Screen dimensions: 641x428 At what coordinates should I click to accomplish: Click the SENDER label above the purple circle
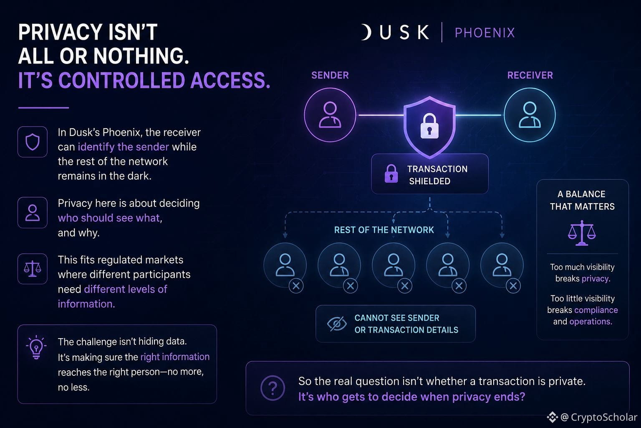[x=330, y=75]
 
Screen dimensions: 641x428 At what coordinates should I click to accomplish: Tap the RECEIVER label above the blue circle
[x=530, y=75]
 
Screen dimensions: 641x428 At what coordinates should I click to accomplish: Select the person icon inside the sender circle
[x=330, y=115]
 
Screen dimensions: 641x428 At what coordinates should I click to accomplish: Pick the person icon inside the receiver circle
[x=530, y=115]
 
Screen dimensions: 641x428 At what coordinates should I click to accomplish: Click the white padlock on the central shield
[x=429, y=126]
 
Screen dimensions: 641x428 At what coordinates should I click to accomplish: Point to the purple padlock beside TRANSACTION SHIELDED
[x=391, y=173]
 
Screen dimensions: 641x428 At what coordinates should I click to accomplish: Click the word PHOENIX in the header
[x=485, y=33]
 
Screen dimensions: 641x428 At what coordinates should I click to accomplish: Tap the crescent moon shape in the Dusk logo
[x=366, y=32]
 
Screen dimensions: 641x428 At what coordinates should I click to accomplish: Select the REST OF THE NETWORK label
[x=384, y=230]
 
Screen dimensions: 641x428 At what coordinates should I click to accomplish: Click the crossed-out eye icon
[x=336, y=324]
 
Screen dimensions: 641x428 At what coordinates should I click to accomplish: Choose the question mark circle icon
[x=273, y=388]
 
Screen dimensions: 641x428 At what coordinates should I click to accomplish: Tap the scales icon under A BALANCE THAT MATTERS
[x=582, y=233]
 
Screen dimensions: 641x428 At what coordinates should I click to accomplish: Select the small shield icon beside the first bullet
[x=32, y=142]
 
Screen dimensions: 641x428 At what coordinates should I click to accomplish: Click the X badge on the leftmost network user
[x=296, y=286]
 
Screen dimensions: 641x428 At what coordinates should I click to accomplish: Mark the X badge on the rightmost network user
[x=513, y=286]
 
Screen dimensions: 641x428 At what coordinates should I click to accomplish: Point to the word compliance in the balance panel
[x=596, y=310]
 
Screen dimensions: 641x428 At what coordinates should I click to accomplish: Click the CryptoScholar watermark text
[x=604, y=417]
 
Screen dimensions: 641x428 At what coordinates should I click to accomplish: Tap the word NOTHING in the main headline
[x=141, y=56]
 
